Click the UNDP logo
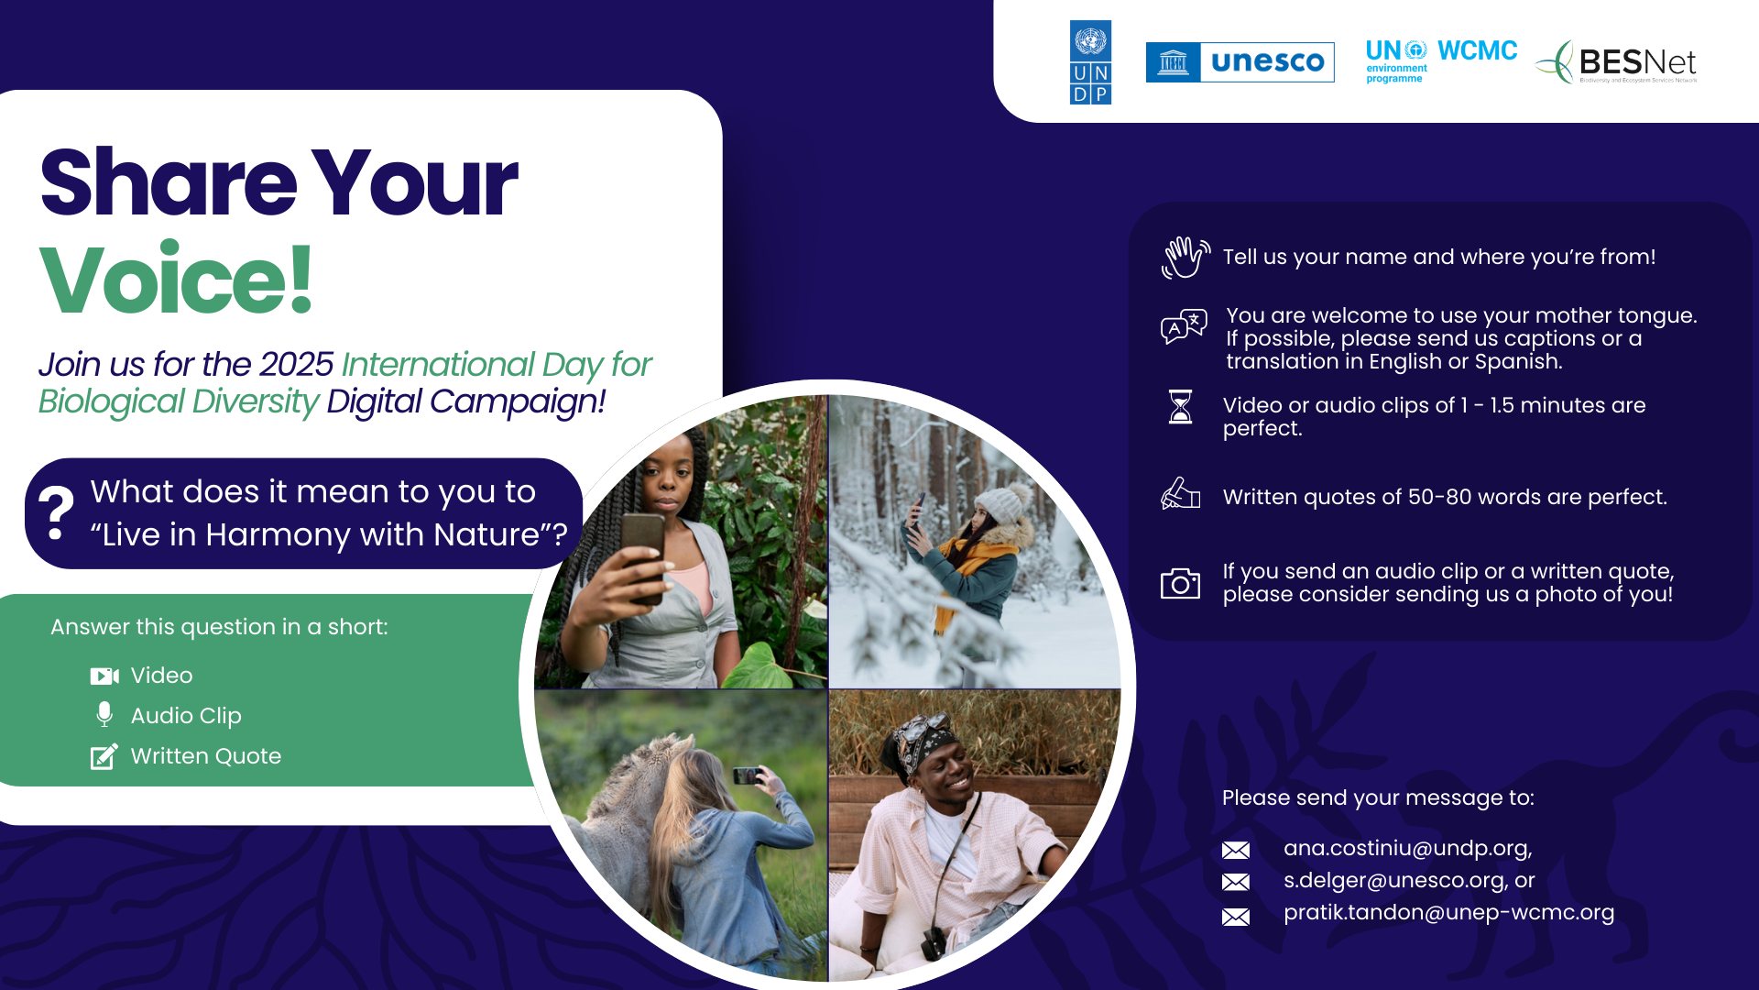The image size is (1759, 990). pyautogui.click(x=1090, y=62)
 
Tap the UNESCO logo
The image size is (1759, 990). pyautogui.click(x=1240, y=62)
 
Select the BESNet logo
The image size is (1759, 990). pyautogui.click(x=1617, y=62)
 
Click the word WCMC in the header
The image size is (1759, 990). pyautogui.click(x=1477, y=50)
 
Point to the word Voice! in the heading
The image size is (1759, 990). pyautogui.click(x=176, y=279)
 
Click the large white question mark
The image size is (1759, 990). pyautogui.click(x=56, y=512)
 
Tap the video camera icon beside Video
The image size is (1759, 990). pyautogui.click(x=104, y=676)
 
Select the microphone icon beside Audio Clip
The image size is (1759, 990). pyautogui.click(x=104, y=715)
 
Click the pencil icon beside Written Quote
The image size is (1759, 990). pyautogui.click(x=104, y=756)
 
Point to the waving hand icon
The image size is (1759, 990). pyautogui.click(x=1185, y=257)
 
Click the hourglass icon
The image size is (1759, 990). pyautogui.click(x=1181, y=406)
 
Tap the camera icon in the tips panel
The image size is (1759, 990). pyautogui.click(x=1180, y=583)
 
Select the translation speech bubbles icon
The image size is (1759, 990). pyautogui.click(x=1184, y=326)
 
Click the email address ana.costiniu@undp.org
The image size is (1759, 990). pyautogui.click(x=1408, y=848)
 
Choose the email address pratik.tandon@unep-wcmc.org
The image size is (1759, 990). pyautogui.click(x=1449, y=912)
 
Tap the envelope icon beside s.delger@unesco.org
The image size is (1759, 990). pyautogui.click(x=1236, y=882)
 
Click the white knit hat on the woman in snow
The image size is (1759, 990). pyautogui.click(x=1003, y=504)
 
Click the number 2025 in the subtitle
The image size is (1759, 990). pyautogui.click(x=296, y=365)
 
